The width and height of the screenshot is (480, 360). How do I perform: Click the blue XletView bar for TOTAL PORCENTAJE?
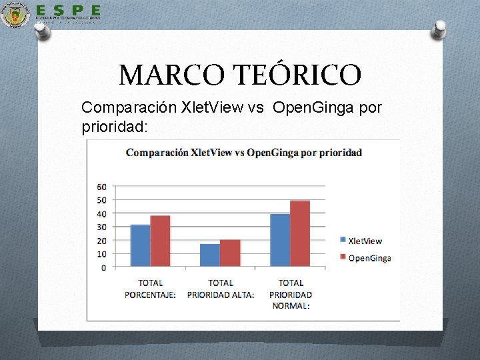(141, 246)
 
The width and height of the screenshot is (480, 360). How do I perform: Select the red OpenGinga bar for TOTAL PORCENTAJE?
(160, 241)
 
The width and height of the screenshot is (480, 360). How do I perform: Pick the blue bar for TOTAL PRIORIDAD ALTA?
(210, 255)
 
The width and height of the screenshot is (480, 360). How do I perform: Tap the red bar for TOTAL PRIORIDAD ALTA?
(230, 253)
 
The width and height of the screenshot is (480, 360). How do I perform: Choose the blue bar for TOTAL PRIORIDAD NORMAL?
(280, 241)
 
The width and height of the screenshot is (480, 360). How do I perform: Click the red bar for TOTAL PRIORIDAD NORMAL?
(300, 234)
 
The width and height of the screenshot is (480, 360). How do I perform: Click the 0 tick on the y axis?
(104, 267)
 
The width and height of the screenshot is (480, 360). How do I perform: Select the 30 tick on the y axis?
(102, 227)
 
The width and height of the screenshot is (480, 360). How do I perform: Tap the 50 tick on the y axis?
(102, 201)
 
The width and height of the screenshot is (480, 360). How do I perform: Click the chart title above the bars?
(253, 152)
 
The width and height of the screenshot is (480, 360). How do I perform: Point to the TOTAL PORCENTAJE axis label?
(151, 289)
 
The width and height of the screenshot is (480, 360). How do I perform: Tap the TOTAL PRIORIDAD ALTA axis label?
(221, 289)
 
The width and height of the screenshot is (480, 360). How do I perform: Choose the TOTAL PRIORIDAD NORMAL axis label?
(291, 294)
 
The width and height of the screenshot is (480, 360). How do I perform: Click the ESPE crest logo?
(15, 15)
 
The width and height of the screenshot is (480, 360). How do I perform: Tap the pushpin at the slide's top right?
(439, 29)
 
